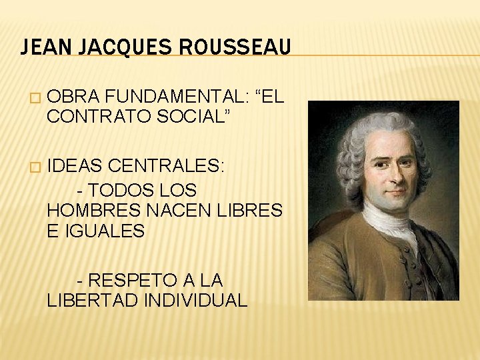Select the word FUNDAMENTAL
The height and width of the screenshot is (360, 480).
pyautogui.click(x=175, y=96)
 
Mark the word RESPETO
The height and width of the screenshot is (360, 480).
pyautogui.click(x=132, y=279)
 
